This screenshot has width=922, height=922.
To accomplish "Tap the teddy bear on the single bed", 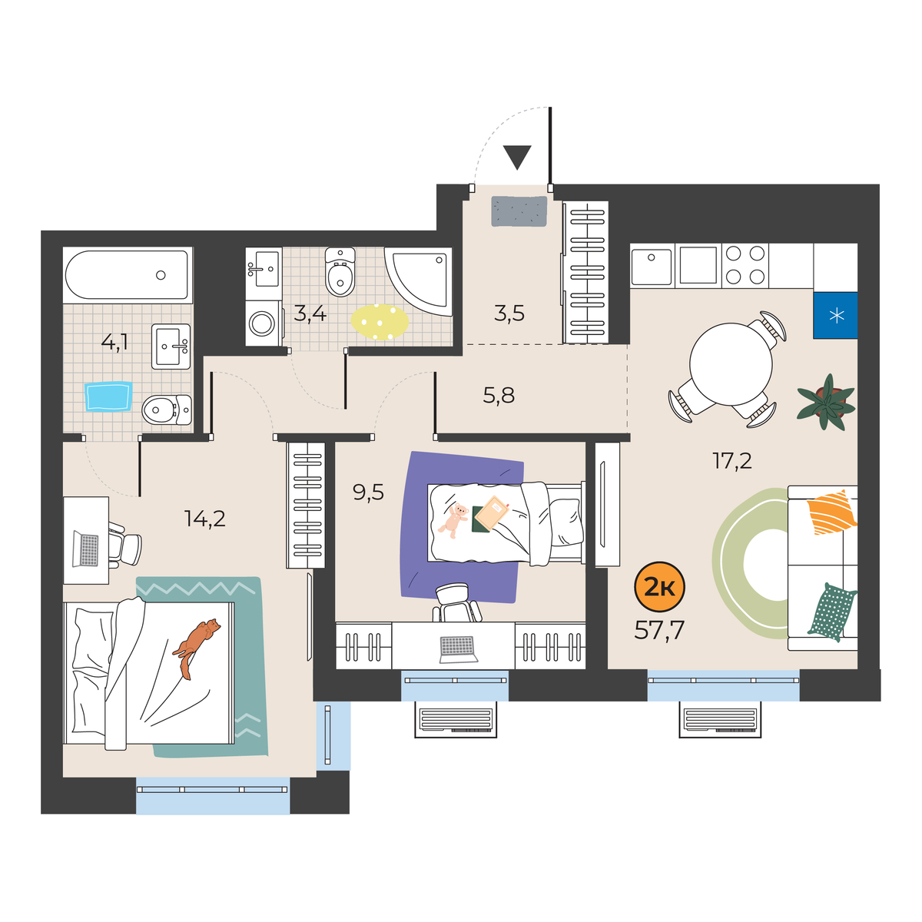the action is coord(453,520).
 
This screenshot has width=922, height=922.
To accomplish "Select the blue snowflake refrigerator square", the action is coord(835,315).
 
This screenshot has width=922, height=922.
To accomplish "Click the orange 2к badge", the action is coord(659,587).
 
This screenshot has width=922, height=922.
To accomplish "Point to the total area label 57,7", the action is coord(658,630).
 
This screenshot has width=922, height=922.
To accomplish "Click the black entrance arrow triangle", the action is coord(517,158).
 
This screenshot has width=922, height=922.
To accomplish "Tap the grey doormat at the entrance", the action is coord(519,211).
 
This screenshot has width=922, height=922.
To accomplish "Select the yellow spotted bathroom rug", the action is coord(380,322).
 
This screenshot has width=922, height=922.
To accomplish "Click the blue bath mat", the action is coord(108,396).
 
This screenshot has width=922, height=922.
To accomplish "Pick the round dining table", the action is coord(731,364).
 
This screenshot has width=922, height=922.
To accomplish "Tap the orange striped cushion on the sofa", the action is coord(831,512).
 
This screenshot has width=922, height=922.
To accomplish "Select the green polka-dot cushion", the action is coord(831,612).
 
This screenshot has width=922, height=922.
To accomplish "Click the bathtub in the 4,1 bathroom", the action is coord(128,275).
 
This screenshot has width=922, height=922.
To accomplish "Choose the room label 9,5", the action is coord(369,492).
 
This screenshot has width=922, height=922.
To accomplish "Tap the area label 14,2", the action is coord(205,518).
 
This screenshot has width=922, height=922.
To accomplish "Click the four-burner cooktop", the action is coord(745,265).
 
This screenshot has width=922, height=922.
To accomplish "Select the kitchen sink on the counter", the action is coord(652,265).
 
